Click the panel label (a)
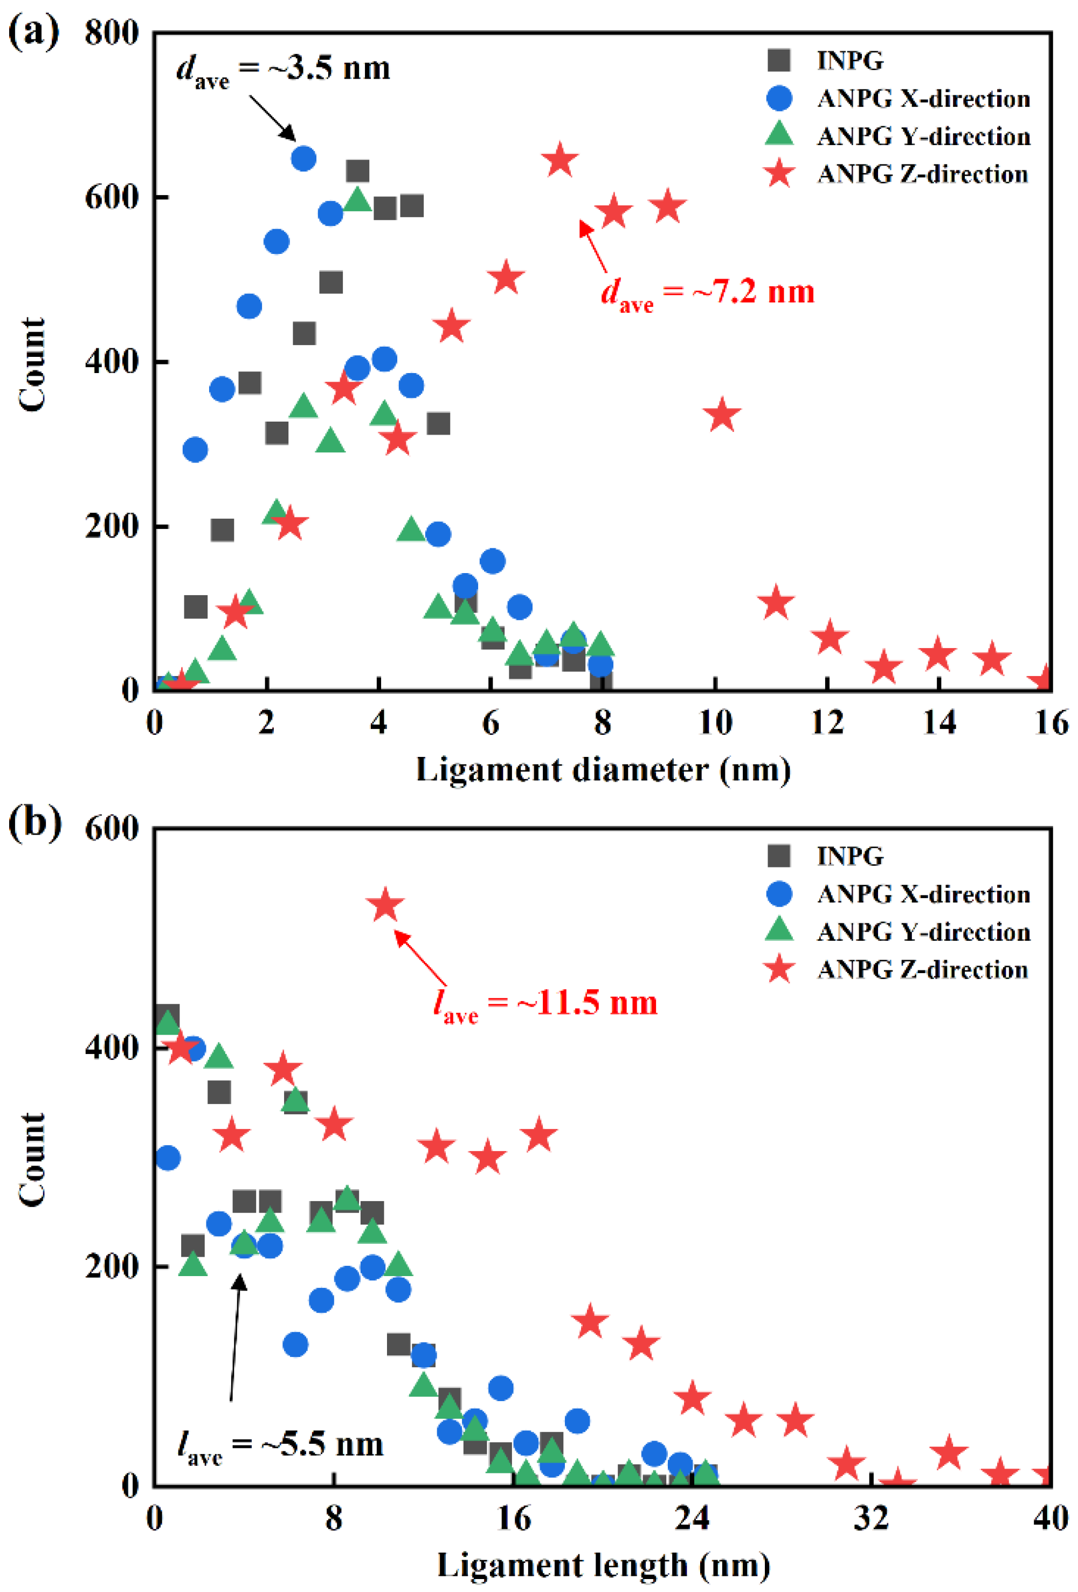33,31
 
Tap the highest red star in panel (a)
560,160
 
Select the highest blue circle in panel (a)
303,159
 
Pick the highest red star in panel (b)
385,906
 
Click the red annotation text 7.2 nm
708,293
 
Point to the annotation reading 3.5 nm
283,69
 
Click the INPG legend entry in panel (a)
849,60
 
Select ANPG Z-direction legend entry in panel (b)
922,969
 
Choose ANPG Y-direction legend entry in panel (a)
923,136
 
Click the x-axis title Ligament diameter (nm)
603,770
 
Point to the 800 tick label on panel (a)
111,32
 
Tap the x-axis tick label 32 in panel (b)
871,1518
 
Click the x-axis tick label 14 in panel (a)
939,723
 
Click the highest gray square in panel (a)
357,170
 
